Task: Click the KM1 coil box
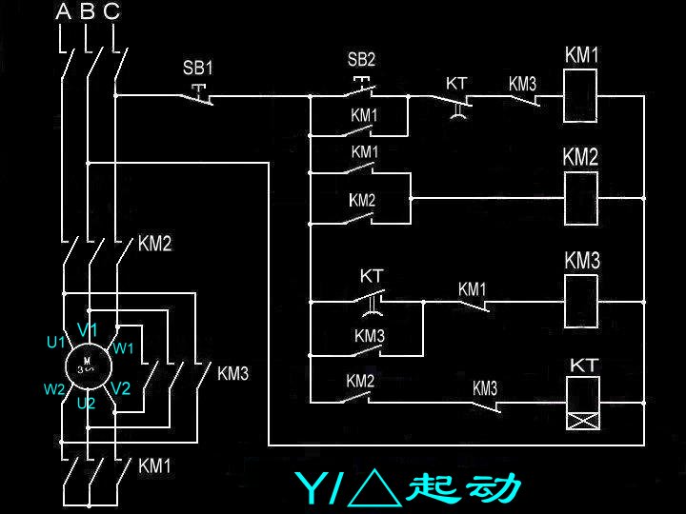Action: [x=582, y=95]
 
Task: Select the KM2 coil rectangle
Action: [x=580, y=198]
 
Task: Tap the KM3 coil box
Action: [x=581, y=300]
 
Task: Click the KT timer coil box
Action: [x=582, y=404]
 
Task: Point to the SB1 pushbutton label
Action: [x=198, y=69]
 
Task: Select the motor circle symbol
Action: [x=87, y=364]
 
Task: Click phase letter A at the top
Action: [x=64, y=12]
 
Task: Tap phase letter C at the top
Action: [x=111, y=12]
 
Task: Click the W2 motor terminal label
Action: [x=53, y=388]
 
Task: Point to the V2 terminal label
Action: [x=120, y=388]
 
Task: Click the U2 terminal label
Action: [x=87, y=404]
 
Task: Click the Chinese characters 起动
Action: [x=464, y=488]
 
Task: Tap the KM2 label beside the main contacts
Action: [x=154, y=245]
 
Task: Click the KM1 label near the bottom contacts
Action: [x=155, y=466]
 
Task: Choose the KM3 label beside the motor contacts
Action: [x=232, y=374]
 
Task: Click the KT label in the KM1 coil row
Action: [x=457, y=83]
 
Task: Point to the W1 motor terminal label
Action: [x=124, y=348]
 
